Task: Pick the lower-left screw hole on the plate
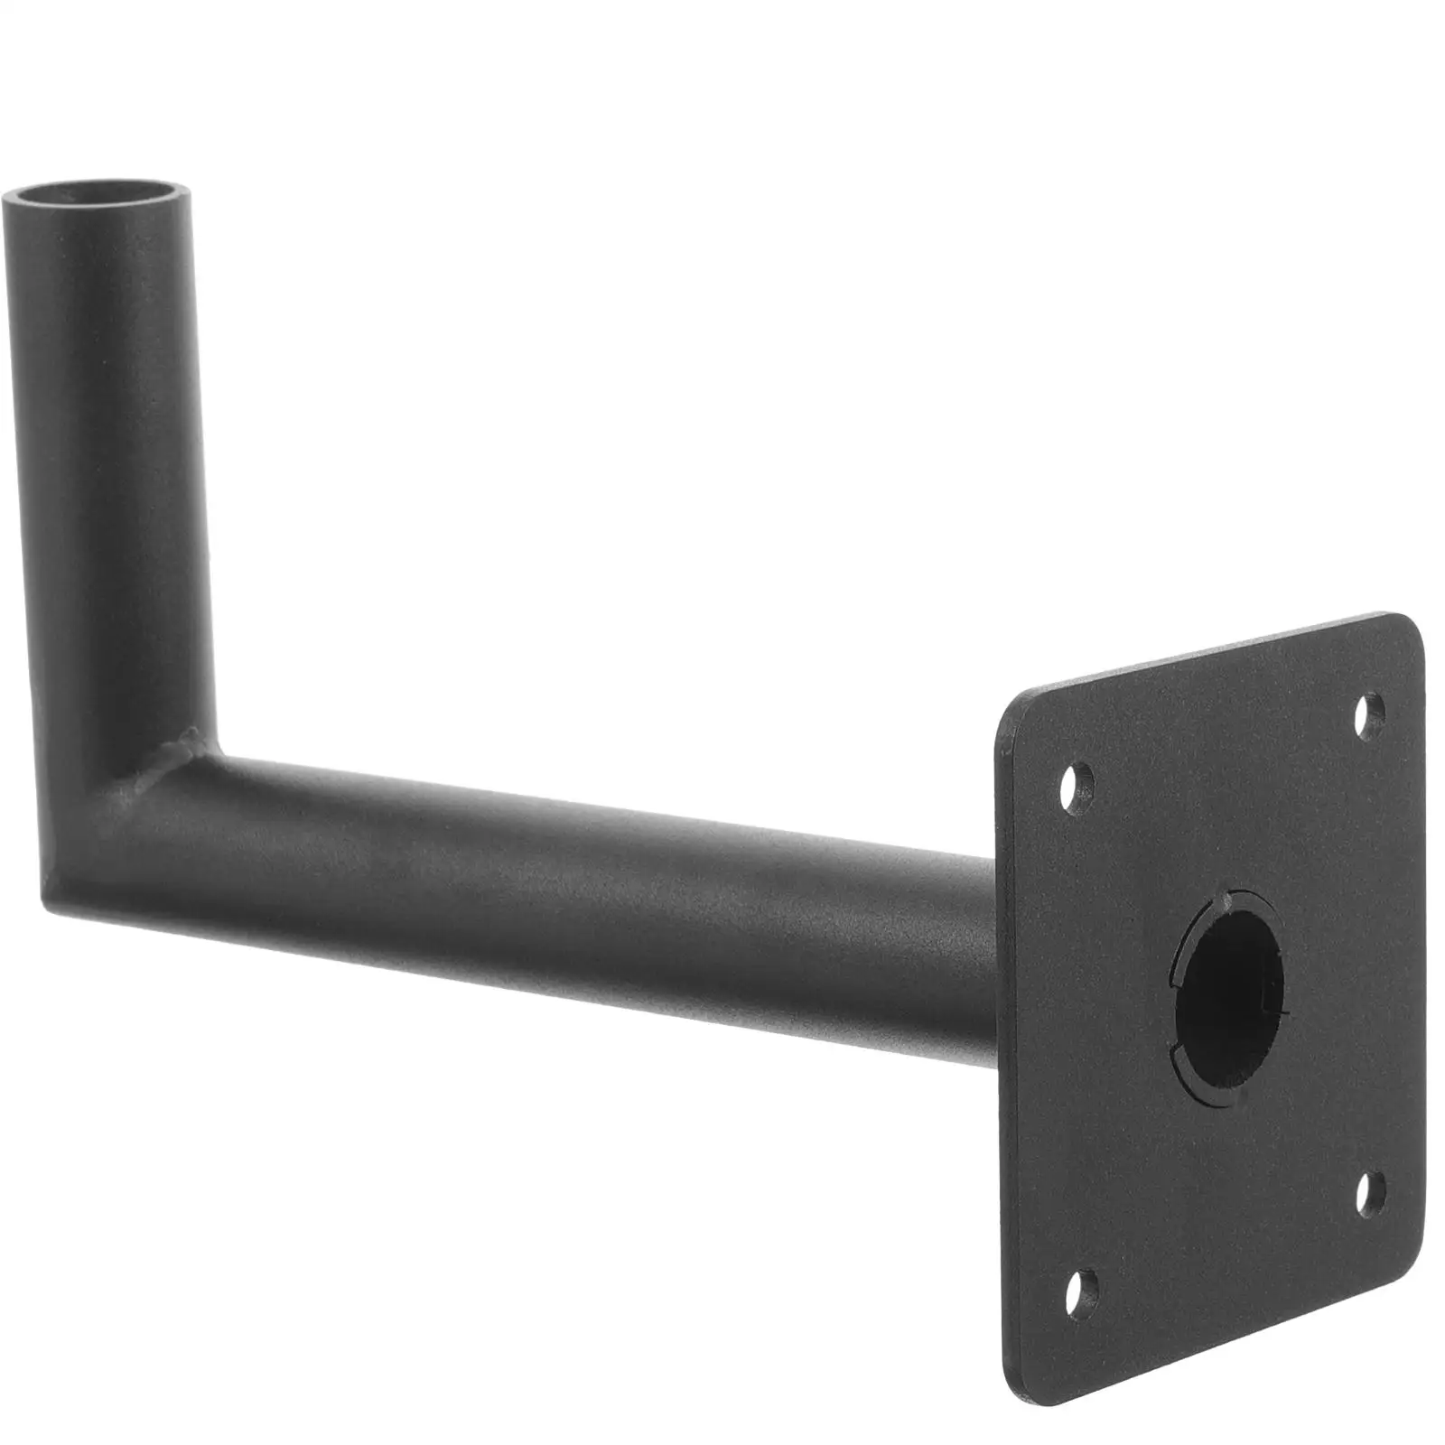point(1083,1305)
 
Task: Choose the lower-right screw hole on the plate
point(1372,1192)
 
